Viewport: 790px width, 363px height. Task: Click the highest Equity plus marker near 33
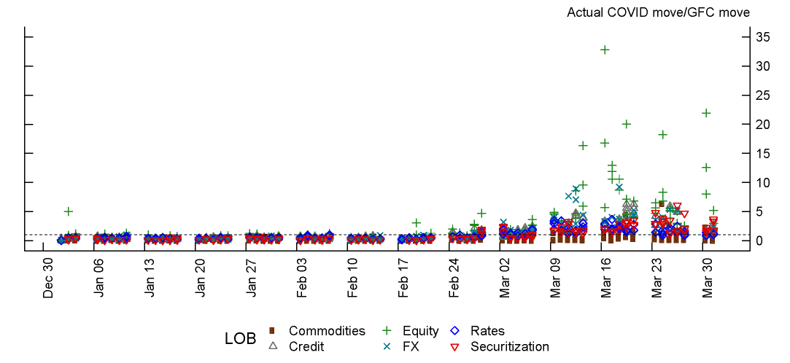pos(605,50)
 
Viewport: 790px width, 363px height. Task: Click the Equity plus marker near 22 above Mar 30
pos(706,113)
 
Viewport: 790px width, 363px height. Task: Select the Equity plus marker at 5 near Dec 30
pos(69,211)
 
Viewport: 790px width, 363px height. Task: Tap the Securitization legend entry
pos(509,346)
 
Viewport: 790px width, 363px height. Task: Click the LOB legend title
pos(240,339)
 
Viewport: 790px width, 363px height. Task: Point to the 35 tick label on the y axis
pos(763,37)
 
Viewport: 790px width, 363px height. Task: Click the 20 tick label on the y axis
pos(763,125)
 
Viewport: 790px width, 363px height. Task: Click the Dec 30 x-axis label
pos(49,278)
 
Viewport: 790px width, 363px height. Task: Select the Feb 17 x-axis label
pos(403,278)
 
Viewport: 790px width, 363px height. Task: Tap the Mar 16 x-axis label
pos(606,278)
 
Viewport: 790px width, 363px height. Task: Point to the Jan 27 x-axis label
pos(252,278)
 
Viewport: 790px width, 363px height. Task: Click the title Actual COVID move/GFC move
pos(658,12)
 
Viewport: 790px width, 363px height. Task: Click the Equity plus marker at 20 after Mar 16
pos(626,125)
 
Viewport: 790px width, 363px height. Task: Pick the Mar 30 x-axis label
pos(708,278)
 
